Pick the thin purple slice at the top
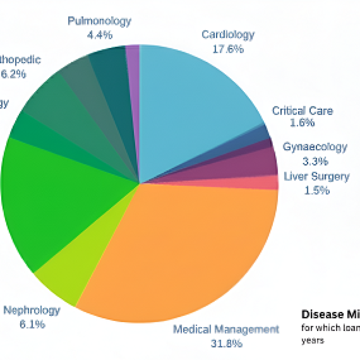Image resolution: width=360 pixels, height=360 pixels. [x=133, y=105]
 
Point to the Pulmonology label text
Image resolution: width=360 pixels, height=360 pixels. [x=99, y=21]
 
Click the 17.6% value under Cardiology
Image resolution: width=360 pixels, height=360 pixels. [x=228, y=49]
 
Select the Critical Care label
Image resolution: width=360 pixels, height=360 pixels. [x=302, y=111]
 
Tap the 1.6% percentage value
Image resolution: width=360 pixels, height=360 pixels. [x=302, y=123]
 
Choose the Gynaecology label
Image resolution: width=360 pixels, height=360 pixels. [x=315, y=147]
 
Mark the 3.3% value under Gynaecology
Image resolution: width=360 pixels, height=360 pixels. [x=315, y=161]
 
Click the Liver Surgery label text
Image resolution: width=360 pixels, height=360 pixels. [x=316, y=176]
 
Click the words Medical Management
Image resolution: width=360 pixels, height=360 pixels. [x=226, y=329]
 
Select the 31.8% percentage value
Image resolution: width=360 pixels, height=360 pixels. [x=226, y=343]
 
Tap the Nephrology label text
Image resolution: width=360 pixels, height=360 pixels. [x=32, y=310]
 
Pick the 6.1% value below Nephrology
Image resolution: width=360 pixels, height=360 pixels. [x=32, y=324]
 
